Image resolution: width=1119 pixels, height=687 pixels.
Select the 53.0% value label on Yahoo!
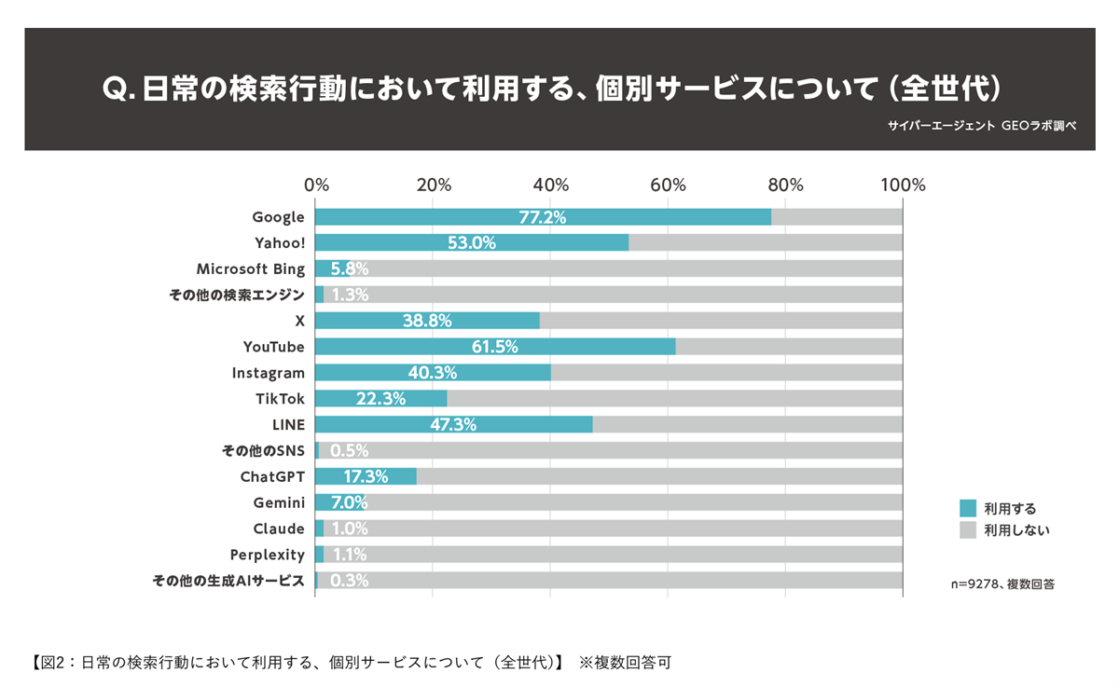point(472,243)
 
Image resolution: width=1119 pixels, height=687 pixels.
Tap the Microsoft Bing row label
point(250,269)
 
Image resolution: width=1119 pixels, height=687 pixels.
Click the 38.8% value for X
point(428,321)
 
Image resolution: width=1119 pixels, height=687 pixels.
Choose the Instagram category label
point(268,373)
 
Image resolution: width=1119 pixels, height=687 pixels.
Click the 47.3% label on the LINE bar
point(452,425)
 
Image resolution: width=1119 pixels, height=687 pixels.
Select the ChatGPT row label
point(272,477)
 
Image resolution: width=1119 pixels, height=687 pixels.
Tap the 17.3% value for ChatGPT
point(366,477)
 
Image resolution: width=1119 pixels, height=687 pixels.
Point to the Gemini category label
point(279,503)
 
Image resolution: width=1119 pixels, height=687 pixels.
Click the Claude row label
point(279,529)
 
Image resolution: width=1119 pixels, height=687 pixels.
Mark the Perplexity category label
point(267,556)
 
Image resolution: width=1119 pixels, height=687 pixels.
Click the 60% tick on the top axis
point(668,185)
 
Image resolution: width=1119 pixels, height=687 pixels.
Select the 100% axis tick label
point(902,185)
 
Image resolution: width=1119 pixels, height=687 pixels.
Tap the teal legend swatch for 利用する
point(967,508)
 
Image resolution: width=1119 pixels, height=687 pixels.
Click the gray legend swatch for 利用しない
point(967,530)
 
